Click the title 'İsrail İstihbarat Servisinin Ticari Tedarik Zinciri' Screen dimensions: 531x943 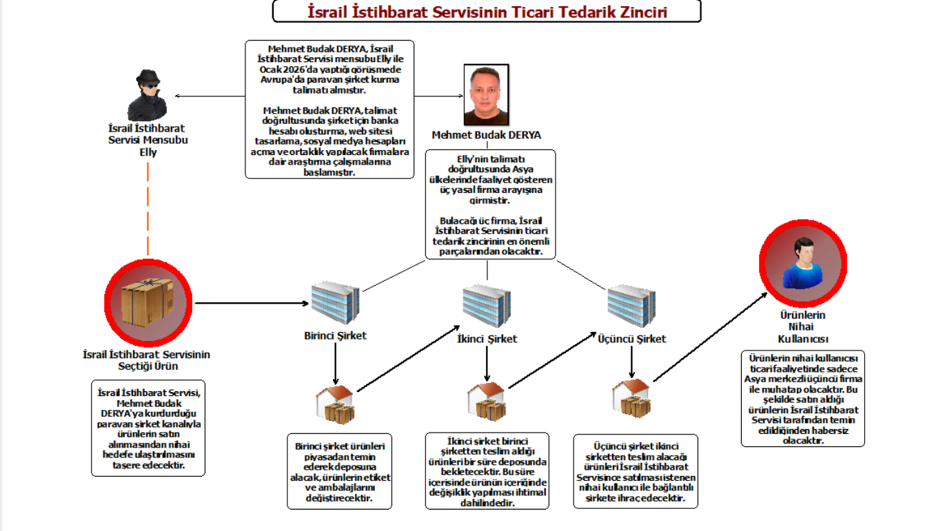tap(487, 12)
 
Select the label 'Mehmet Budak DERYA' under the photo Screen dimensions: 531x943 tap(486, 135)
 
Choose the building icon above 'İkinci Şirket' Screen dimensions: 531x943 tap(487, 306)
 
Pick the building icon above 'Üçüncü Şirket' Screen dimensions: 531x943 tap(631, 306)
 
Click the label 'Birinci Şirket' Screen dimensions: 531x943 tap(335, 336)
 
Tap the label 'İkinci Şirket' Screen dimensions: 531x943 tap(487, 339)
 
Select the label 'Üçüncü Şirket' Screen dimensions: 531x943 tap(631, 339)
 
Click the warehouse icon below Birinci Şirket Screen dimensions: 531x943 tap(334, 404)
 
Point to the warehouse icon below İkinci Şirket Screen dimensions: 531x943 tap(486, 401)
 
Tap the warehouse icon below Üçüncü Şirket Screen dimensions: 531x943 tap(631, 398)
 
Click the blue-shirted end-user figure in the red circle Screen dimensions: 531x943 tap(802, 264)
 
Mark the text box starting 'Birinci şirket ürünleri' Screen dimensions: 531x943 tap(339, 470)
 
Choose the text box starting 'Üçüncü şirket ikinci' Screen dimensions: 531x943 tap(636, 471)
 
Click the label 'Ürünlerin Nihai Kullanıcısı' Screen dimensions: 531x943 tap(802, 327)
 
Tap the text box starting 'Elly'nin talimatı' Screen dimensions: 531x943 tap(490, 204)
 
